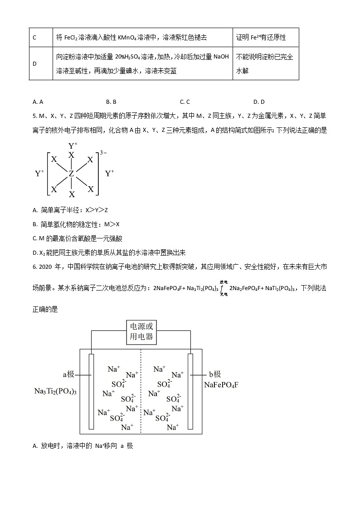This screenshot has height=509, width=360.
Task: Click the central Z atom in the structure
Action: tap(71, 174)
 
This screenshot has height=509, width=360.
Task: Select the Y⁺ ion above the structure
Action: tap(73, 145)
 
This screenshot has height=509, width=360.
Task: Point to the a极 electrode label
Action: tap(71, 374)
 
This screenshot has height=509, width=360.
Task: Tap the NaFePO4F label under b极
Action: tap(221, 385)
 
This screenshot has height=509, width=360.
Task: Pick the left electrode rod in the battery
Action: tap(91, 391)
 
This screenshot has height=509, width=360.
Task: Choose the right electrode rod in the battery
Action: tap(190, 391)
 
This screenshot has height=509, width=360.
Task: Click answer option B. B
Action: tap(111, 102)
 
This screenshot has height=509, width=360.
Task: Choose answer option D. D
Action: tap(259, 102)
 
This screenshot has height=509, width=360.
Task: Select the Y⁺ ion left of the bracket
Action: tap(39, 174)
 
